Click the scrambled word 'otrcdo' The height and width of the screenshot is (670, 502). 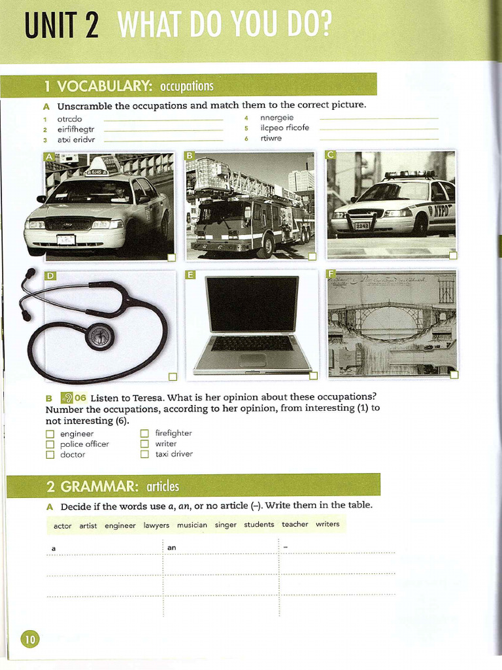click(70, 119)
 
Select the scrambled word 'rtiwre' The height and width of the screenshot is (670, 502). click(271, 138)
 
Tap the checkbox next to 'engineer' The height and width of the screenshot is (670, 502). click(50, 434)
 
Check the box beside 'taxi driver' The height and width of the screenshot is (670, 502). click(145, 454)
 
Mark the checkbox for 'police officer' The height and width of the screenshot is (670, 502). click(50, 444)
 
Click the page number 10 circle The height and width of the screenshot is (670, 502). click(30, 639)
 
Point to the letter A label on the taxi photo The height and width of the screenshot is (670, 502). click(49, 157)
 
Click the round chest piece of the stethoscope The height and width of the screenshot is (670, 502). click(100, 336)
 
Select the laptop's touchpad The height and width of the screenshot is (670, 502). click(252, 360)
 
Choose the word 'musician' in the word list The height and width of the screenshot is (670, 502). click(192, 525)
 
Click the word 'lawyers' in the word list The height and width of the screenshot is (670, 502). click(156, 525)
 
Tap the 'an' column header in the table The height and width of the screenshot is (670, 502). click(172, 547)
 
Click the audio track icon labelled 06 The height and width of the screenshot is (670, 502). click(73, 397)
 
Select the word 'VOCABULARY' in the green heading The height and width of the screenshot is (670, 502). click(105, 86)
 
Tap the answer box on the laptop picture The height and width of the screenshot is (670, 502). click(313, 375)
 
